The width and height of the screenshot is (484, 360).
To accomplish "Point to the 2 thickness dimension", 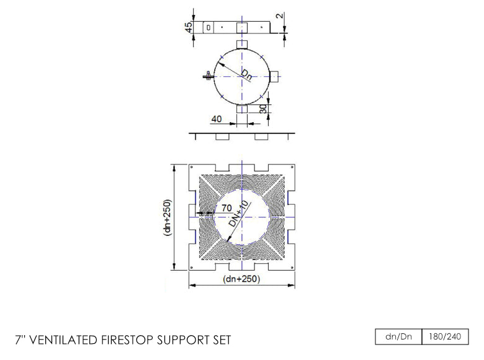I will point(281,15).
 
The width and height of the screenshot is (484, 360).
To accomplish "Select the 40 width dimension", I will point(217,118).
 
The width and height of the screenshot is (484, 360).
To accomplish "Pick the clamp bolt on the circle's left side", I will point(208,76).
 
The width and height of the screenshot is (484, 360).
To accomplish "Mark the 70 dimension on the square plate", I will point(226,207).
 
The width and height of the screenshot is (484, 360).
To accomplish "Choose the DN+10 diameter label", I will point(238,213).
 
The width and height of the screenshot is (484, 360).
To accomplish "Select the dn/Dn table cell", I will point(398,337).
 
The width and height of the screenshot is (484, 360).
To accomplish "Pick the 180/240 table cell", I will point(444,337).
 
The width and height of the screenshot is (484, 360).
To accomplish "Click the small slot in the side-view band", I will point(209,27).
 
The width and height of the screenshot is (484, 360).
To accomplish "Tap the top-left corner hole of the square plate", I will point(192,168).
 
